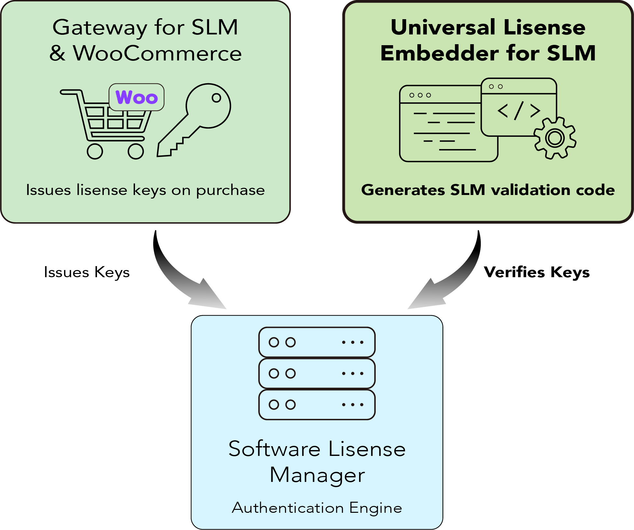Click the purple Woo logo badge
(137, 97)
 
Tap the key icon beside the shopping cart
(195, 120)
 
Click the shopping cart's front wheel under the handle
(95, 151)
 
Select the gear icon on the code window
(555, 138)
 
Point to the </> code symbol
(519, 110)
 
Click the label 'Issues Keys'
(87, 272)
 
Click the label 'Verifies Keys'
(537, 272)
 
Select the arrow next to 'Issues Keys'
(182, 279)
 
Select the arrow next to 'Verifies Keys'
(452, 279)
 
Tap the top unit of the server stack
(317, 342)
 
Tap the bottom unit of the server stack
(317, 405)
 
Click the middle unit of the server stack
(317, 373)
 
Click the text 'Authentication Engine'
(317, 508)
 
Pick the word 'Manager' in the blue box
(317, 475)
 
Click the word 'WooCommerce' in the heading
(157, 53)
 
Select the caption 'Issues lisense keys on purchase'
(145, 190)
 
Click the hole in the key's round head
(216, 97)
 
